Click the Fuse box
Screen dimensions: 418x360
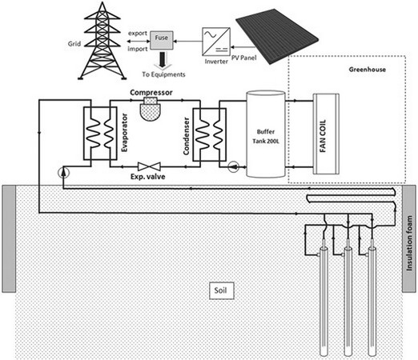[162, 40]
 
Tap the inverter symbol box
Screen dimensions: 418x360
[216, 42]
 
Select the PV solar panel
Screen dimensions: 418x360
[277, 37]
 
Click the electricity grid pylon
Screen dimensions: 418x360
[102, 41]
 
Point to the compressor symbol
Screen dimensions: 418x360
[151, 109]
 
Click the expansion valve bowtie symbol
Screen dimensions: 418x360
[149, 166]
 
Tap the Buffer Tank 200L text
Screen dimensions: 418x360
[266, 136]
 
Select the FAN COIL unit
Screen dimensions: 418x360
[326, 134]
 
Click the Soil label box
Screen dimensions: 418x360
[222, 290]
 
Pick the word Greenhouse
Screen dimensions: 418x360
[368, 70]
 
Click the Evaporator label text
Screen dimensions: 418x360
[124, 133]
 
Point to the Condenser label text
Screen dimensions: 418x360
[187, 136]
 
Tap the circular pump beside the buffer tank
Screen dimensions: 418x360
[234, 166]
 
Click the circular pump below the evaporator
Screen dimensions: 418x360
[63, 173]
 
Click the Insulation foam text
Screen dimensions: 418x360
[409, 243]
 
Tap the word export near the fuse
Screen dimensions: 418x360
[138, 34]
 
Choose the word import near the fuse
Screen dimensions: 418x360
[138, 49]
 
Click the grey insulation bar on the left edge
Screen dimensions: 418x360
[9, 238]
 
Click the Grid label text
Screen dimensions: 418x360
[74, 44]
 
